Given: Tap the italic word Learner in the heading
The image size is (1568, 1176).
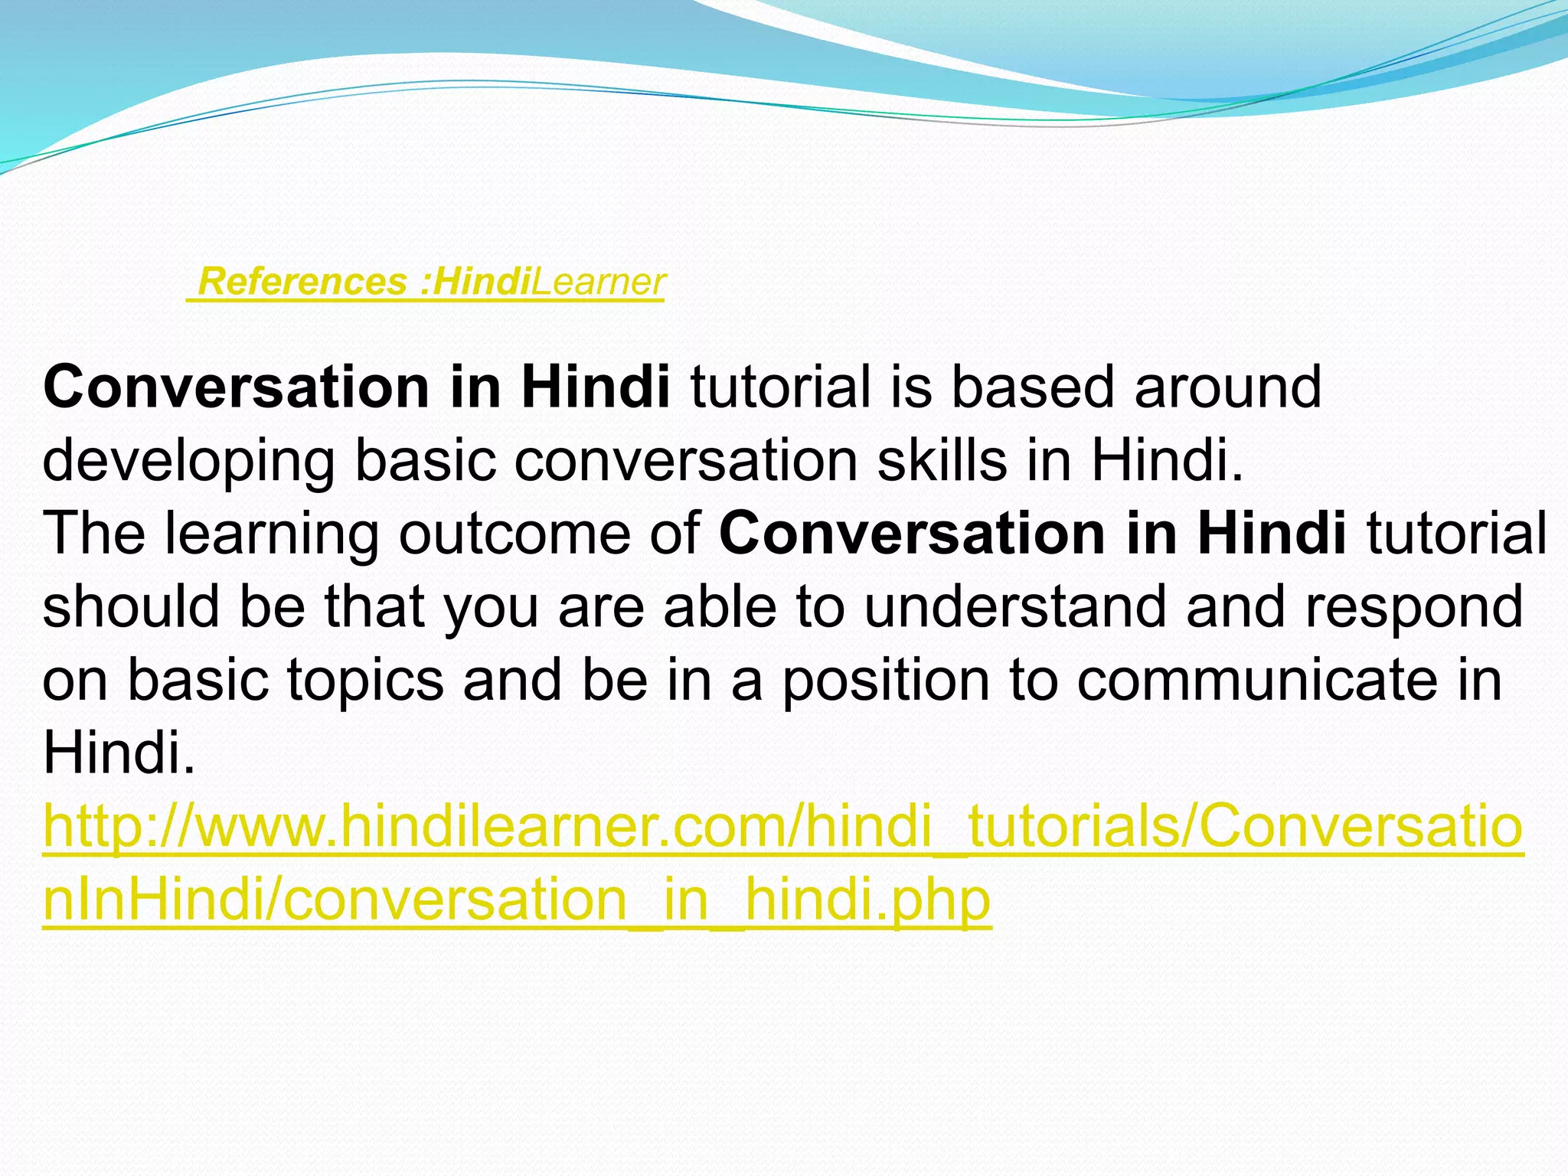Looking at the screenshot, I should pos(598,282).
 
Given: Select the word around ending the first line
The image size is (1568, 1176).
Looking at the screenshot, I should pos(1227,387).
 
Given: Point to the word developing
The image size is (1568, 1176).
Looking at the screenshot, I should pos(188,461).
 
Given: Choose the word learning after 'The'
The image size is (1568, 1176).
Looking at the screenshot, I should pos(272,534).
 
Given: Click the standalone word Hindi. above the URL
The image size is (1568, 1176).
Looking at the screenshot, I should pos(119,753).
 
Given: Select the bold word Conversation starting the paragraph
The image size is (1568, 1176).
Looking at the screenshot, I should pos(237,387).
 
